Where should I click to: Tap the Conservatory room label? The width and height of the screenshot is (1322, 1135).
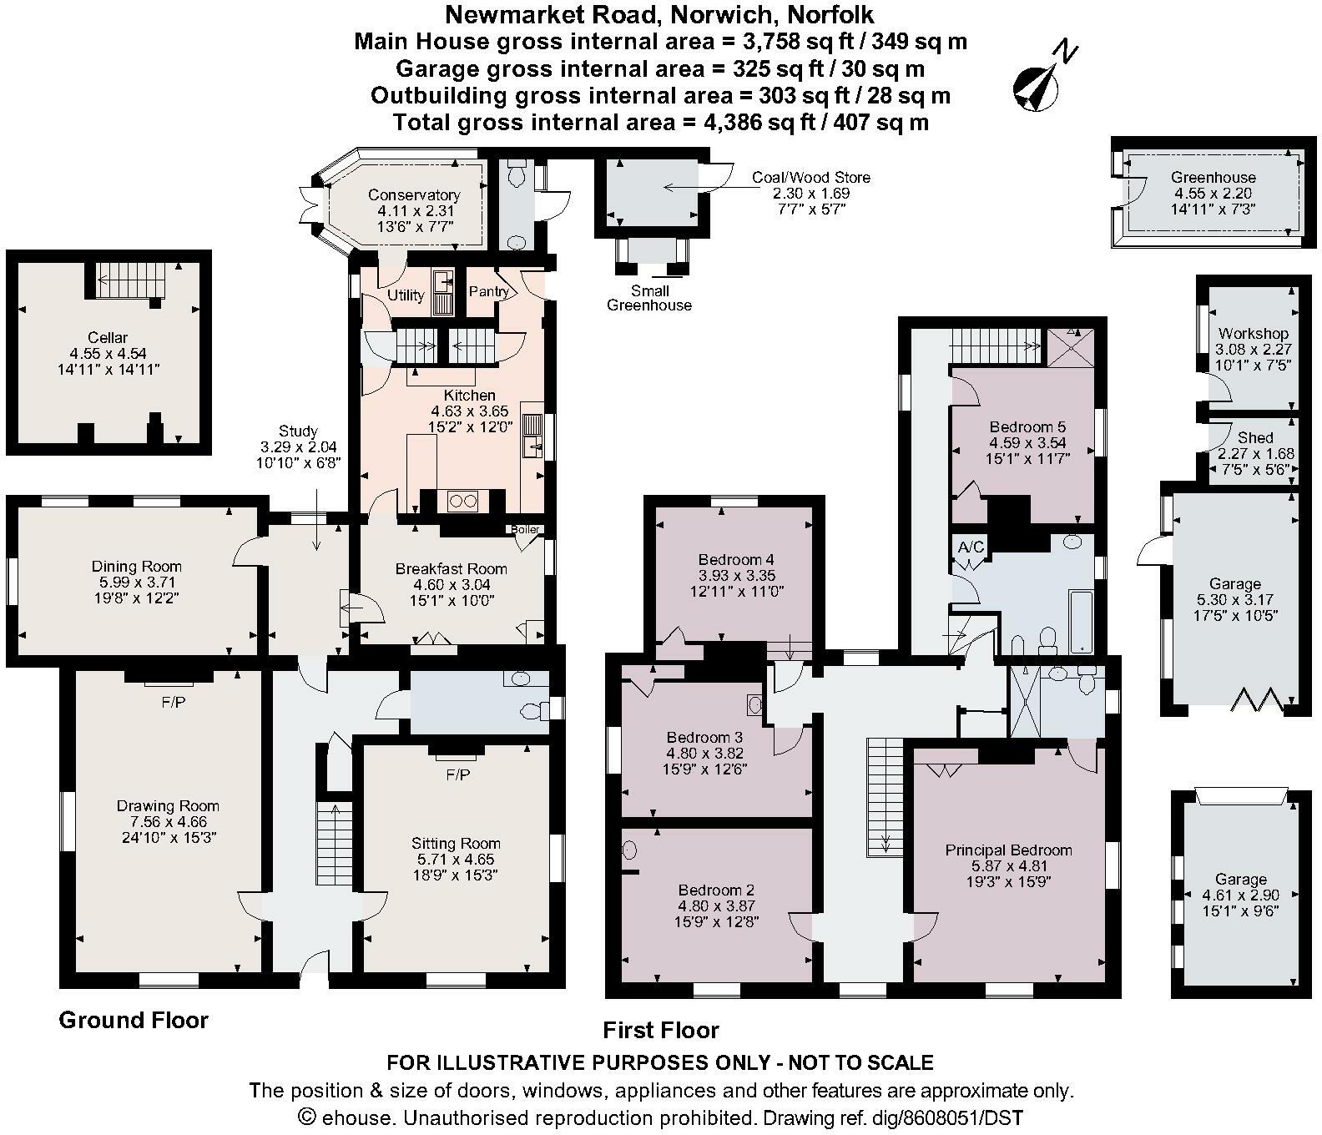click(x=414, y=194)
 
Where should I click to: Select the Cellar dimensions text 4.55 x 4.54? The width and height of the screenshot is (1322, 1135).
click(x=108, y=353)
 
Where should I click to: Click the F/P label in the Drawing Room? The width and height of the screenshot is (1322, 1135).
click(x=173, y=703)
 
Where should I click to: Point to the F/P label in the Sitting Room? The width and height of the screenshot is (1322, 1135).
click(x=457, y=775)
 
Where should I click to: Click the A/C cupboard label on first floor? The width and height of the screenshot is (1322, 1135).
click(x=971, y=547)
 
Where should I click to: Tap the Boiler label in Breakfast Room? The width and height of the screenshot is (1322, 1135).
click(x=525, y=529)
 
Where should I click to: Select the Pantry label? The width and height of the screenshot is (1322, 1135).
click(x=489, y=291)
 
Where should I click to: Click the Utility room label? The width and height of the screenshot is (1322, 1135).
click(x=406, y=295)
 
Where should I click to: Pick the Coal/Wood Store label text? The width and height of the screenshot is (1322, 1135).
click(x=810, y=177)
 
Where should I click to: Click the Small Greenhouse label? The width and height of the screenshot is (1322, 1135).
click(x=648, y=298)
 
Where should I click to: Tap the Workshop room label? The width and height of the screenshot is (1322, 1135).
click(x=1253, y=333)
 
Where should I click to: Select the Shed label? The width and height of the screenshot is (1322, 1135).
click(x=1255, y=437)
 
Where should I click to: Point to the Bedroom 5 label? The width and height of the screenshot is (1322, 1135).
click(x=1027, y=426)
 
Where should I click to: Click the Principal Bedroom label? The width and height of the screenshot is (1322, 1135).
click(x=1008, y=850)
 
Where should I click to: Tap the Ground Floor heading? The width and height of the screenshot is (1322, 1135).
click(x=134, y=1020)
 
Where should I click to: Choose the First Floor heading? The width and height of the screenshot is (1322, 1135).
click(x=661, y=1030)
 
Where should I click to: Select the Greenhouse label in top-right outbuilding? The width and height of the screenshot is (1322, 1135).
click(x=1213, y=177)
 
